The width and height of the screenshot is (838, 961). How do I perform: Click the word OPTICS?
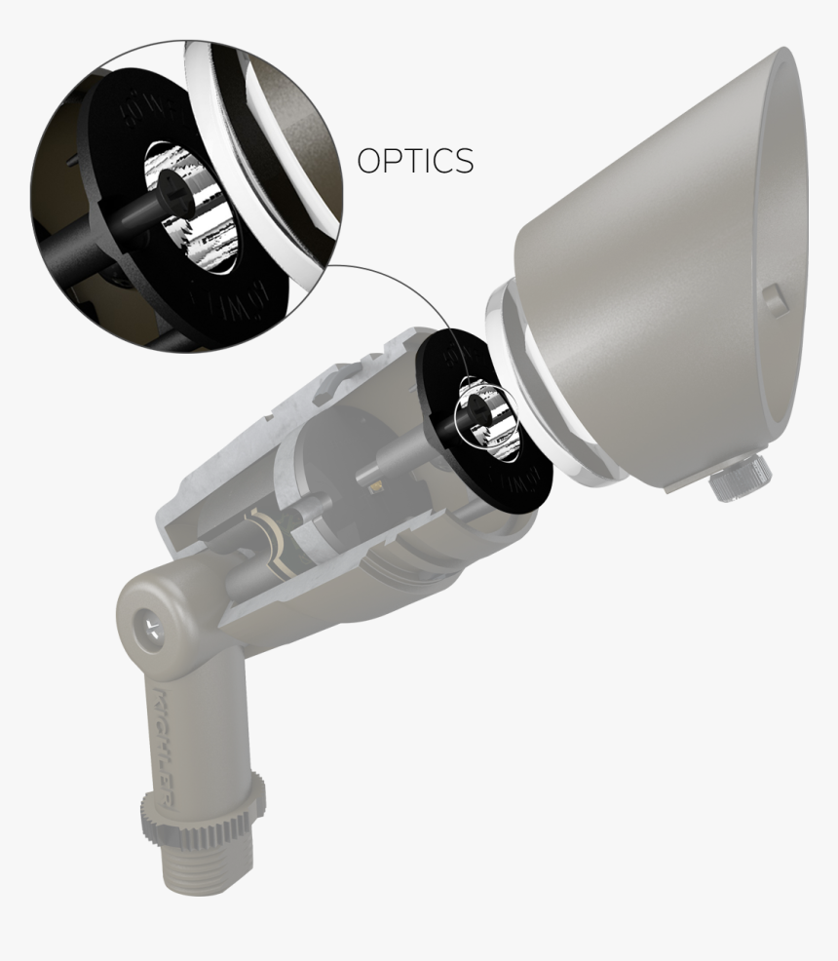(x=415, y=160)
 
